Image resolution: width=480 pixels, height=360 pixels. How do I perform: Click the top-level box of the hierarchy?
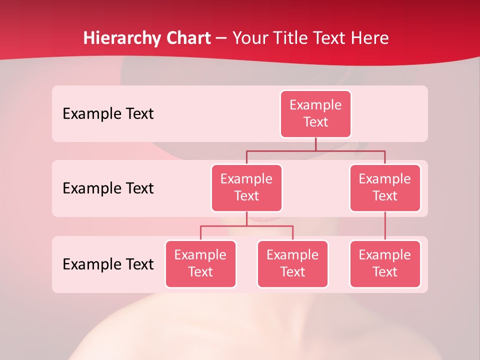click(x=315, y=113)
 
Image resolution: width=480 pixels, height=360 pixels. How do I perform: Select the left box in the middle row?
click(x=246, y=187)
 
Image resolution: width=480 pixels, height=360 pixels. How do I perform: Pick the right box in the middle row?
click(x=385, y=187)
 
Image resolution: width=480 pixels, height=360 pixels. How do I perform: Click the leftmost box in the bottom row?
click(x=200, y=263)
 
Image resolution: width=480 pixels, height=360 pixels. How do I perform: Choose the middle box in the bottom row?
click(x=292, y=263)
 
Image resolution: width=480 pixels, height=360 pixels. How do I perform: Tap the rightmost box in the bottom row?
click(x=385, y=263)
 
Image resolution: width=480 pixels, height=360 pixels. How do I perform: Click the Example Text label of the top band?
click(x=108, y=114)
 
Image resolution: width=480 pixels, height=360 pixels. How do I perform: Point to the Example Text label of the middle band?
click(x=108, y=188)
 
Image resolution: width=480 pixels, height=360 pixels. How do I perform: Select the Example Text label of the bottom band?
click(x=108, y=264)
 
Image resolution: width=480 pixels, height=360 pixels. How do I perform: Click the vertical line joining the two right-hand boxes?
click(x=385, y=226)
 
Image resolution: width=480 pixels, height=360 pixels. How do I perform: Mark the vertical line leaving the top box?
click(x=315, y=144)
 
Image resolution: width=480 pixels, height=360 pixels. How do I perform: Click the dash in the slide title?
click(x=221, y=38)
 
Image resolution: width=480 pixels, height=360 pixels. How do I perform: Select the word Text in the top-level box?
click(x=315, y=122)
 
